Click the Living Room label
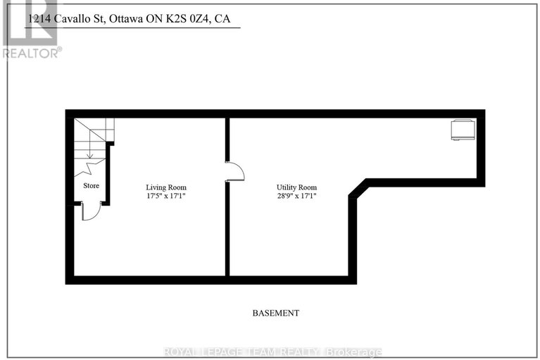pyautogui.click(x=165, y=187)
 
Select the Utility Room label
pyautogui.click(x=296, y=187)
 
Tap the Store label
pyautogui.click(x=92, y=185)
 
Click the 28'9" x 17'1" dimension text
pyautogui.click(x=296, y=197)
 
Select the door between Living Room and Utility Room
pyautogui.click(x=235, y=171)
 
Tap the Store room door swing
pyautogui.click(x=89, y=211)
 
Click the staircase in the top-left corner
pyautogui.click(x=94, y=137)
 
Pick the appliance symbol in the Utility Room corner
pyautogui.click(x=463, y=130)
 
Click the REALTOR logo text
pyautogui.click(x=32, y=51)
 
